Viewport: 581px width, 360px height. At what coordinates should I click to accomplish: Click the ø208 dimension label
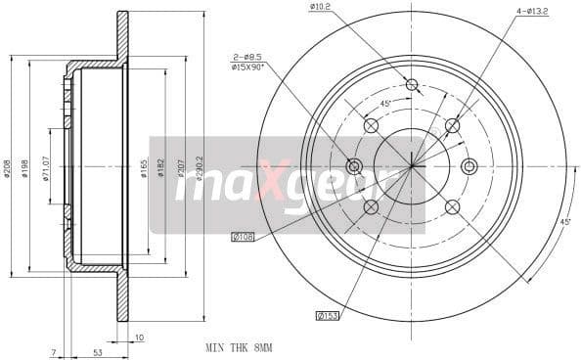(x=7, y=168)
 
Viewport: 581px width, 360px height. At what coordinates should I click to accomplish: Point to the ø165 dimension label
(x=144, y=168)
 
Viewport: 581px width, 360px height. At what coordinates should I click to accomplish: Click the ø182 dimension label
(x=162, y=168)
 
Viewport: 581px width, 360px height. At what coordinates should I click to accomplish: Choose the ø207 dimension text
(x=182, y=168)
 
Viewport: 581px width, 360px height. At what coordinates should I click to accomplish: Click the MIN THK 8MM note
(x=239, y=347)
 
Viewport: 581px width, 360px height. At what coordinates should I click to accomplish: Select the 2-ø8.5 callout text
(x=245, y=58)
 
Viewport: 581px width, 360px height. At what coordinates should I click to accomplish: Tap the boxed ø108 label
(x=242, y=236)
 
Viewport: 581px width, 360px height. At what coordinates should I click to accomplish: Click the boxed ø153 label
(x=327, y=315)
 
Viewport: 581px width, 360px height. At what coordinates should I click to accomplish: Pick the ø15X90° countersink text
(x=247, y=67)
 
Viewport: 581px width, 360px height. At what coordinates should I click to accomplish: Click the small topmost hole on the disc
(x=412, y=84)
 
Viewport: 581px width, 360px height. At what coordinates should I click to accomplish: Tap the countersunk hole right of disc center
(x=469, y=166)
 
